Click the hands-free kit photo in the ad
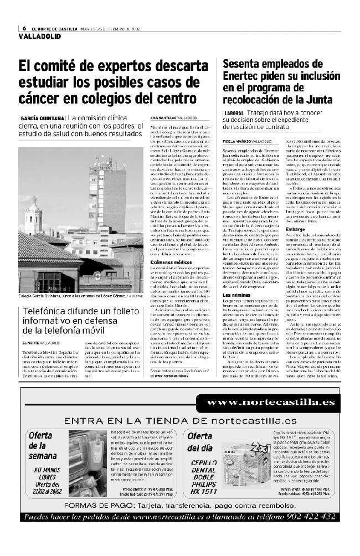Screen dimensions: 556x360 pyautogui.click(x=91, y=463)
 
